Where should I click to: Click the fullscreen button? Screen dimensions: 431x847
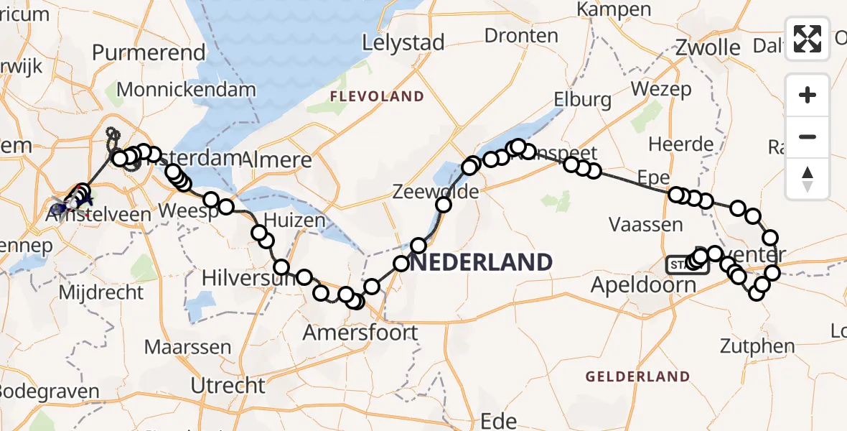808,39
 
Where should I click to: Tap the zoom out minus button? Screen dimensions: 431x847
808,136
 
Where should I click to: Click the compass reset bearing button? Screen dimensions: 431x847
808,178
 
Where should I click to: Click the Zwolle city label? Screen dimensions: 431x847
708,48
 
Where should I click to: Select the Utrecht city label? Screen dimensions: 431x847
228,386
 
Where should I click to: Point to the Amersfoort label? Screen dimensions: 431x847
360,333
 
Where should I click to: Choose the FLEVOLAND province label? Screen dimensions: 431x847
377,96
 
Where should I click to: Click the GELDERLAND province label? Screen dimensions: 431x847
637,376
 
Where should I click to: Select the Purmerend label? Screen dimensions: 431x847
149,52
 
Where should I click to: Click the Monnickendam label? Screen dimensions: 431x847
186,90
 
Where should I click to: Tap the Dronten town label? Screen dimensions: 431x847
521,35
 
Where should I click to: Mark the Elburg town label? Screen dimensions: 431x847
582,99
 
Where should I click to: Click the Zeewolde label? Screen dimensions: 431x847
426,192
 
